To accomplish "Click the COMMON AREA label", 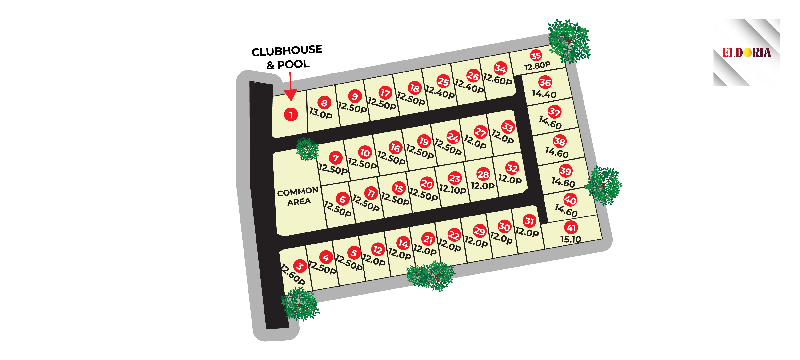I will pos(298,196).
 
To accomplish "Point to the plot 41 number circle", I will pos(571,228).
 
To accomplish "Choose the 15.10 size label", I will pos(571,239).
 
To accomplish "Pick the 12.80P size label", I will pos(537,66).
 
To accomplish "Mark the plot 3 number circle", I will pos(300,266).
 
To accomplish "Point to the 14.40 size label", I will pos(544,94).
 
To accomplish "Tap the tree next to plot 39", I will pos(603,185).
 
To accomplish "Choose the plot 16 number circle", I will pos(395,148).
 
